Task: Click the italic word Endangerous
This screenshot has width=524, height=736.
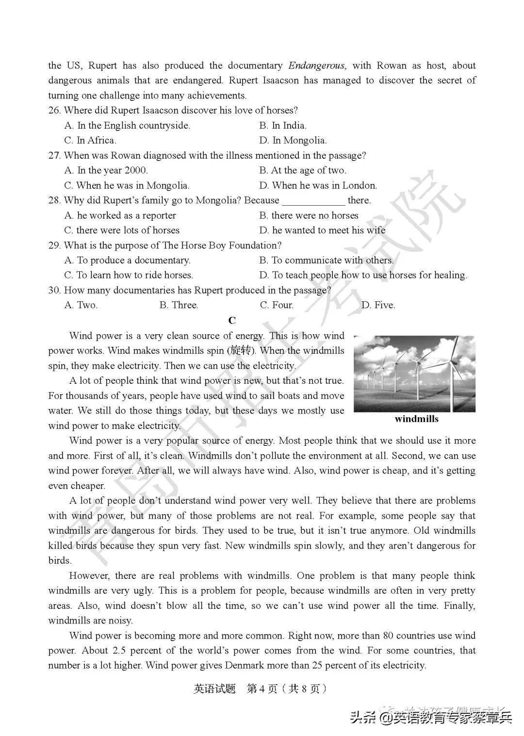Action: (317, 65)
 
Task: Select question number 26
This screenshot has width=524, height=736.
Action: (54, 111)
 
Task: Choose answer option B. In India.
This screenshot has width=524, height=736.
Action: (283, 126)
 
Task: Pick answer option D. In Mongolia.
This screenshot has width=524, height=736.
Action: (293, 141)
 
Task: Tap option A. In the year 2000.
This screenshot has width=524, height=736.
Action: (106, 171)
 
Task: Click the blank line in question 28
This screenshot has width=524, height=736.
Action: (313, 201)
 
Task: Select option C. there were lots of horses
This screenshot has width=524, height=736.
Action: (122, 230)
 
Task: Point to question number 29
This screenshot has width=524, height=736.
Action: (54, 245)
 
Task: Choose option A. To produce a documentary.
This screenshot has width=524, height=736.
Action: (128, 261)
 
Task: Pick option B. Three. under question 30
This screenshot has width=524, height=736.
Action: (179, 305)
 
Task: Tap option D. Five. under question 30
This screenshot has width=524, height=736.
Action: (378, 305)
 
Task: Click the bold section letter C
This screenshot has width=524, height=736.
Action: (232, 320)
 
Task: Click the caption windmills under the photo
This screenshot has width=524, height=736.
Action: (416, 419)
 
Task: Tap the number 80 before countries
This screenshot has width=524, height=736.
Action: (388, 636)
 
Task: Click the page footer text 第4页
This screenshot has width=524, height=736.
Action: (262, 689)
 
